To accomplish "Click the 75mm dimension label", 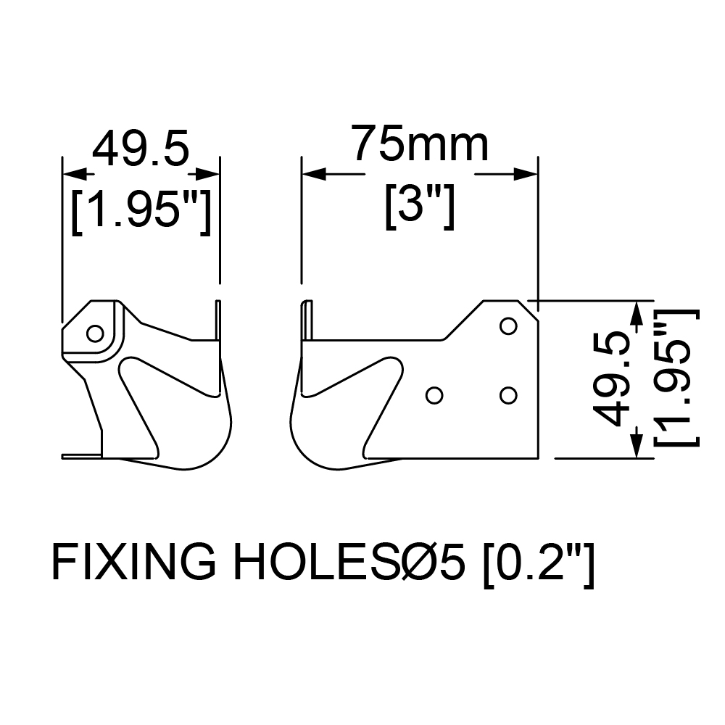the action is [x=419, y=144].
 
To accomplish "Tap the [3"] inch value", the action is [x=420, y=206].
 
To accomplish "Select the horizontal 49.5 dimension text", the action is [x=141, y=148].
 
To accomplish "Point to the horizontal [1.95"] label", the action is [x=141, y=211].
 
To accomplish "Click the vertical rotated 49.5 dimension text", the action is [x=611, y=379].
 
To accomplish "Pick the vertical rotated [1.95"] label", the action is [x=676, y=378].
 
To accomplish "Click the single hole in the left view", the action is [x=95, y=333].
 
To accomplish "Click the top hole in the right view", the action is [x=508, y=326].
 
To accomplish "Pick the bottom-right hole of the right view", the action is [x=508, y=395].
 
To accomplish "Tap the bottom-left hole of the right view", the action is [x=434, y=395].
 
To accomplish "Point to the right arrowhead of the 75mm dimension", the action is [x=526, y=174].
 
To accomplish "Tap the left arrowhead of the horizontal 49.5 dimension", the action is [x=75, y=174].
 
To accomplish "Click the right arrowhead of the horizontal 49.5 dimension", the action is [x=207, y=174].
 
